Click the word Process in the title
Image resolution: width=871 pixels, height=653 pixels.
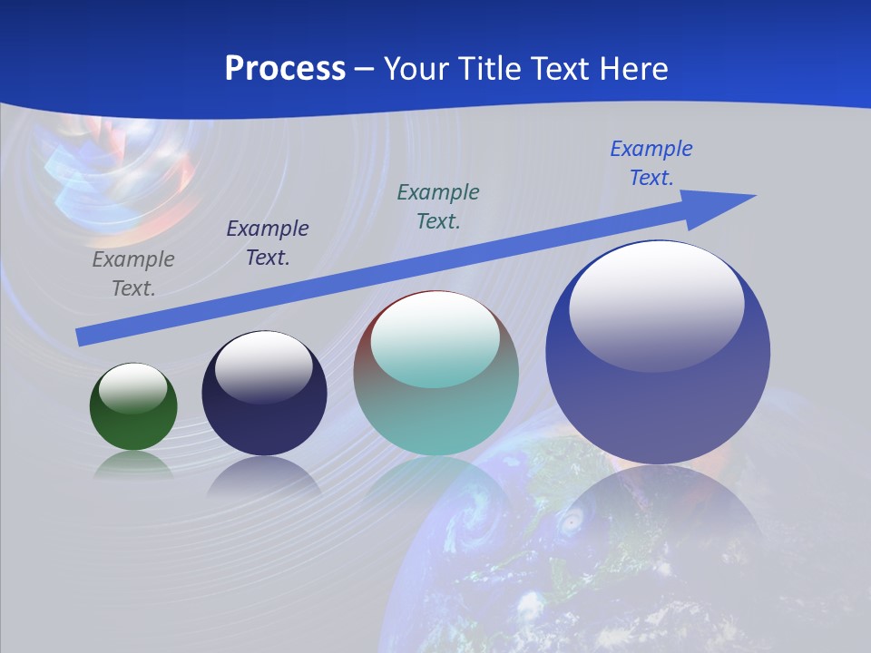285,68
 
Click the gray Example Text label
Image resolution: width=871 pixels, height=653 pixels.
133,274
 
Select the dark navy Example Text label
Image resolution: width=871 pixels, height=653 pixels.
268,243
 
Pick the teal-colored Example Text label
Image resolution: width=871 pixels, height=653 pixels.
438,206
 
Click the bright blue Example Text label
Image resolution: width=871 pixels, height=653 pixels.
651,163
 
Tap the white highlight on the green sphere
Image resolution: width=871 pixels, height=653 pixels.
133,387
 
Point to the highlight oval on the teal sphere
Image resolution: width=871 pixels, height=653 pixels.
435,340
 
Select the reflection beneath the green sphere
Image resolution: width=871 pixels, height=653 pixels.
133,465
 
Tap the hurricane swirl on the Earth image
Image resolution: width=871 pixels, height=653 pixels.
572,523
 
